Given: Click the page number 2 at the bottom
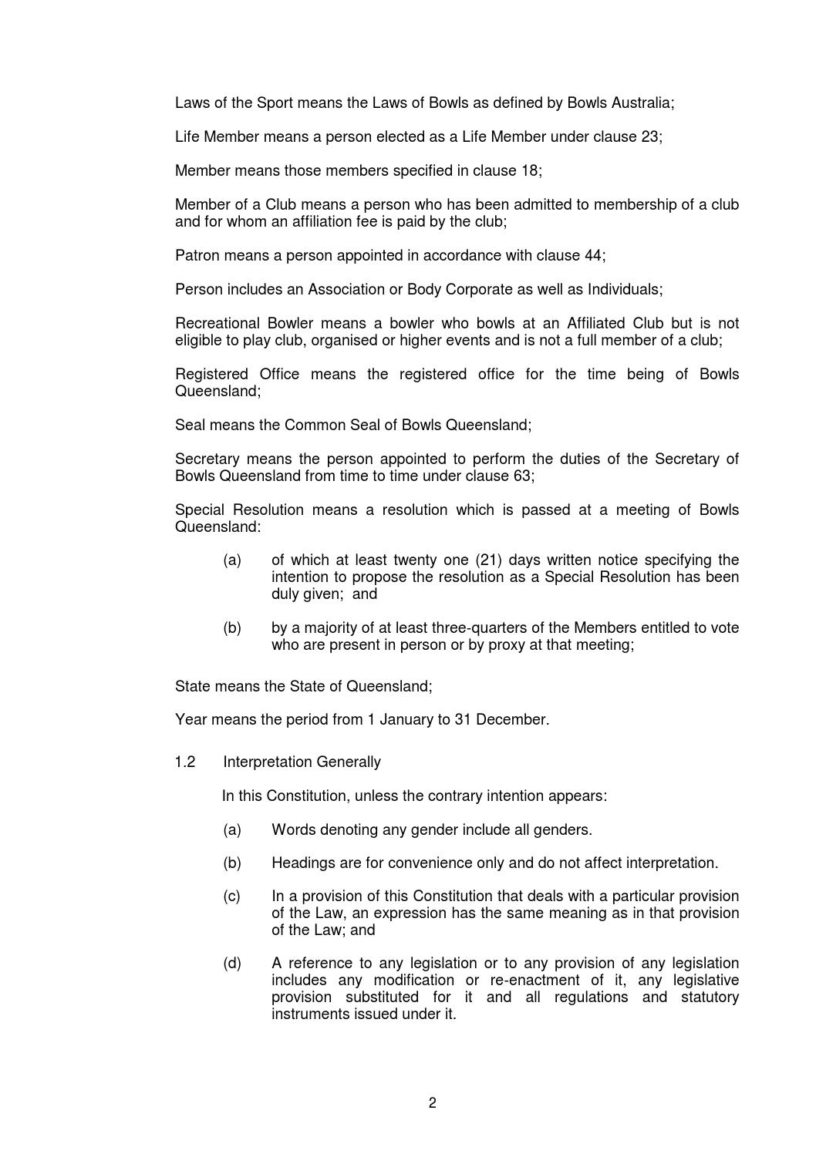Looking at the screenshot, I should [432, 1103].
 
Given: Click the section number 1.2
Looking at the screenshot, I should [185, 762].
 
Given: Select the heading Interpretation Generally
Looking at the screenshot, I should [302, 762].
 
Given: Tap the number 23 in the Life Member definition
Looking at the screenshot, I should [649, 137].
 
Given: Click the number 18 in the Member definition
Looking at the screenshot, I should [529, 171].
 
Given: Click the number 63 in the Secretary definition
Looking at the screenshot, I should [521, 476].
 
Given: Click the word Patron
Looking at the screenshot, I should [197, 256].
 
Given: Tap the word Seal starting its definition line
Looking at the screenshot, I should [190, 426].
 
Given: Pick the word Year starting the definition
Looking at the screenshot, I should [191, 720].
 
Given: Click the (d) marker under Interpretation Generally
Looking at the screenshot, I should [232, 964].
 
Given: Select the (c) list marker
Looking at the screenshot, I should [232, 897].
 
